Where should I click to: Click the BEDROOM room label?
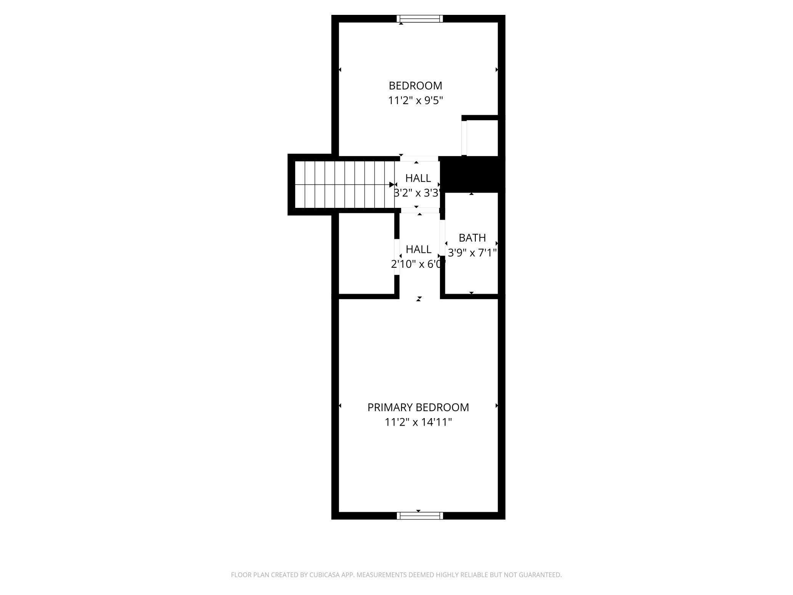pos(415,85)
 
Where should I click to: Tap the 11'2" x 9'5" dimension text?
pos(415,101)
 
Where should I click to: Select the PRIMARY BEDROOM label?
pos(418,407)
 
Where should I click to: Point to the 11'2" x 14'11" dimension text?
pos(418,422)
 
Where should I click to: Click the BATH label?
pos(472,238)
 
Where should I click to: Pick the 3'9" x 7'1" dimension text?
pos(472,252)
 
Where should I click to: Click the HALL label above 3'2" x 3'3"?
pos(418,178)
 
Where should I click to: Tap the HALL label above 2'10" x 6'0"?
pos(419,249)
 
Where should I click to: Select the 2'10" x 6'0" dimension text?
pos(419,264)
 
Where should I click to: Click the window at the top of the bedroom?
pos(420,19)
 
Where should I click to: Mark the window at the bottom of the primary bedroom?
pos(420,516)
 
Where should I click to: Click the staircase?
pos(345,185)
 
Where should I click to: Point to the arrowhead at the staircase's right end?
pos(392,185)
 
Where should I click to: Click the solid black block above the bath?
pos(472,174)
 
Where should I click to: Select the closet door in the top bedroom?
pos(464,138)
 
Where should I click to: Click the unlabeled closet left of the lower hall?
pos(366,253)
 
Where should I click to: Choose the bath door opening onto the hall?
pos(443,238)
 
